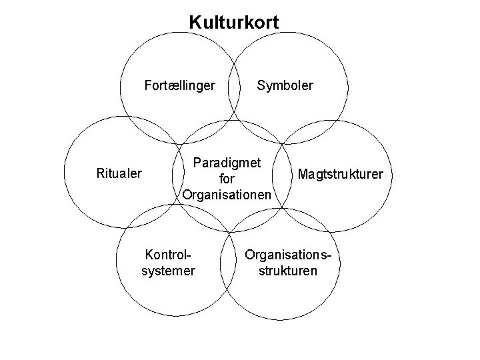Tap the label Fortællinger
tap(180, 85)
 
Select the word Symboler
tap(285, 85)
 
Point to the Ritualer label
tap(119, 174)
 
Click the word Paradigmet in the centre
tap(227, 162)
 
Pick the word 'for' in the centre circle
tap(227, 179)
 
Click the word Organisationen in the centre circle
tap(227, 195)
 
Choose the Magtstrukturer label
tap(341, 175)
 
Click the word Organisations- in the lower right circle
tap(288, 255)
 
